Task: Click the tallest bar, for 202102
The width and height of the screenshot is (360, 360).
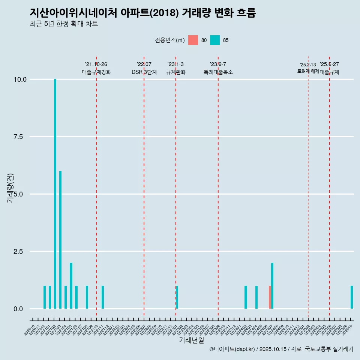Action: (x=55, y=194)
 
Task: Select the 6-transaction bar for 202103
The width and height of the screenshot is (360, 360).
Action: (x=60, y=240)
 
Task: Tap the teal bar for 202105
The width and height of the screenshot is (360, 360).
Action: (x=71, y=286)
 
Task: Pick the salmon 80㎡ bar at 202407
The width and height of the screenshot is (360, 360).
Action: (x=270, y=297)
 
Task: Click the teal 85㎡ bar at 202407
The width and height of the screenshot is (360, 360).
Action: (x=272, y=286)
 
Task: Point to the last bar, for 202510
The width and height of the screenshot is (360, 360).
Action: (x=352, y=297)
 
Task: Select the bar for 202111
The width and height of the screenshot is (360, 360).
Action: (x=103, y=297)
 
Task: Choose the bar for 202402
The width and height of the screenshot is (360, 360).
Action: (x=246, y=297)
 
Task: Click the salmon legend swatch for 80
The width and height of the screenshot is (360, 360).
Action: (x=193, y=40)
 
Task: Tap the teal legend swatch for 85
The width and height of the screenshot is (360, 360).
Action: (x=215, y=40)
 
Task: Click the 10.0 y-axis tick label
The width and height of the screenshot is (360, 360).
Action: (x=19, y=79)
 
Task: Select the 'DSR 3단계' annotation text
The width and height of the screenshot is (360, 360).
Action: (x=144, y=72)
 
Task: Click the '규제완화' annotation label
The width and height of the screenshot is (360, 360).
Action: (x=176, y=72)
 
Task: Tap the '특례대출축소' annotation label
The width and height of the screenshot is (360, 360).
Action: (x=218, y=72)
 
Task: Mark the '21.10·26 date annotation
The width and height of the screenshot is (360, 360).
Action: (x=96, y=64)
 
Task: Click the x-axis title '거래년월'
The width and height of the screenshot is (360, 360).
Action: (x=192, y=340)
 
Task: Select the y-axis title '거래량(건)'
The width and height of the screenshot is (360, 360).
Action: (x=10, y=188)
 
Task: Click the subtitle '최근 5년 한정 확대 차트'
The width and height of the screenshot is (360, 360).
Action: (x=64, y=24)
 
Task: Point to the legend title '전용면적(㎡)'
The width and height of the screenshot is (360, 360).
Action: (x=169, y=40)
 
